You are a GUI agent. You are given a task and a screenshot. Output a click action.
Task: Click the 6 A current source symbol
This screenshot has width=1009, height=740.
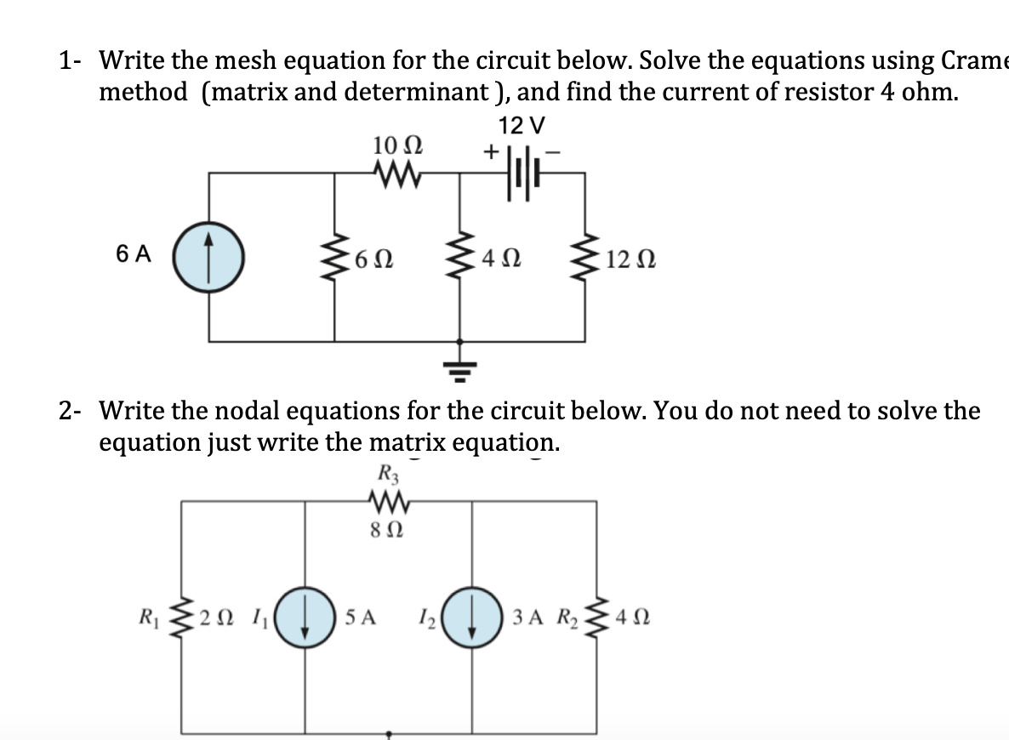pyautogui.click(x=209, y=254)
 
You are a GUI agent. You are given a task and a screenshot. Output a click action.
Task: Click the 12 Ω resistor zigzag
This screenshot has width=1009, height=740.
pyautogui.click(x=584, y=254)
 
